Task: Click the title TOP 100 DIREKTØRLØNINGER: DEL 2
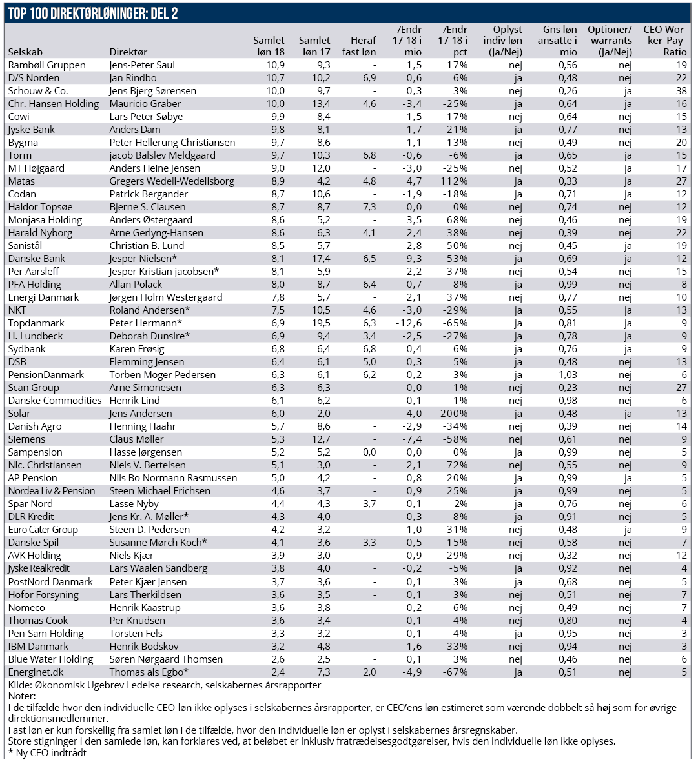tap(93, 14)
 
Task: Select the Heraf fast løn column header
tap(359, 46)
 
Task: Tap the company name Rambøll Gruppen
tap(46, 65)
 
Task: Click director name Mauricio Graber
tap(145, 104)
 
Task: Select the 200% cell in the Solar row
tap(454, 414)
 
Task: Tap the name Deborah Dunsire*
tap(150, 336)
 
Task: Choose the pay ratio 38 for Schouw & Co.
tap(681, 91)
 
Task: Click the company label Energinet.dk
tap(36, 672)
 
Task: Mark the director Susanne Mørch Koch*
tap(158, 543)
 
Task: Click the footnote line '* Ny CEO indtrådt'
tap(47, 752)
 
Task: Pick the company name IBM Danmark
tap(38, 647)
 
